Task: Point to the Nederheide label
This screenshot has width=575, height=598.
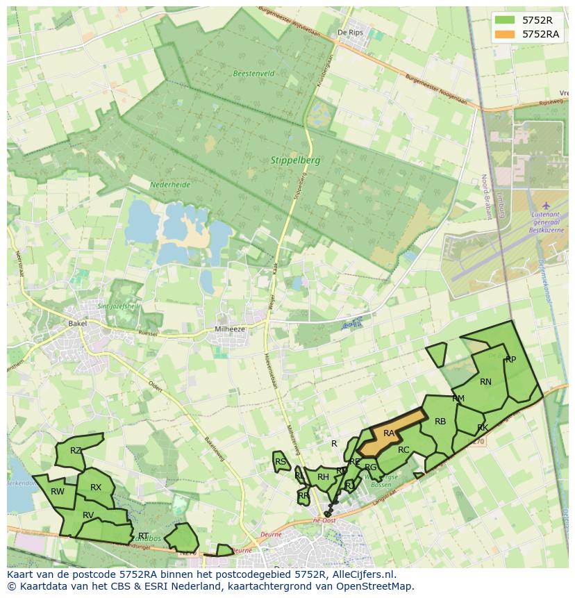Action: (169, 185)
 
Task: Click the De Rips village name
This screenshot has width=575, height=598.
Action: (350, 33)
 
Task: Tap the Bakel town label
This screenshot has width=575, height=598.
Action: (77, 324)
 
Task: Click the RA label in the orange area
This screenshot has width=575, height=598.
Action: (389, 433)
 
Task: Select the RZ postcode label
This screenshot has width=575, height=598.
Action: (76, 451)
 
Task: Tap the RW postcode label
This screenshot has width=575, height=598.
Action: (58, 492)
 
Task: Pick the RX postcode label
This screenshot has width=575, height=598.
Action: (96, 488)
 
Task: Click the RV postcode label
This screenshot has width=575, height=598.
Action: (88, 515)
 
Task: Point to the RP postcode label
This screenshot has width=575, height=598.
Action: (510, 360)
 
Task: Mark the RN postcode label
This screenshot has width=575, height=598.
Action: (485, 381)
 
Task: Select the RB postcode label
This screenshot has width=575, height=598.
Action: (440, 422)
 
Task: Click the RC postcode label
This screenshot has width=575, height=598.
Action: (403, 450)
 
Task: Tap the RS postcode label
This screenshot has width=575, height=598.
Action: (281, 461)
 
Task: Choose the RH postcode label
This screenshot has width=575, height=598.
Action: (323, 477)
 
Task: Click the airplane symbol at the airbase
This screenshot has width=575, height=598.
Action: (546, 206)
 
